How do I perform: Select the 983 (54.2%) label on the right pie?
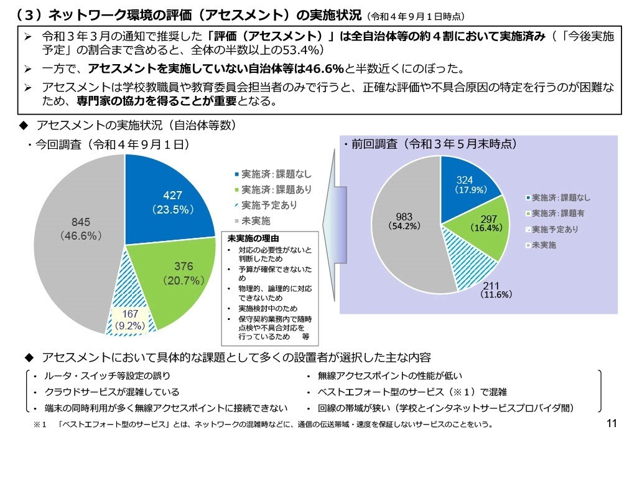pos(404,222)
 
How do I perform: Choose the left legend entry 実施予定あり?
pos(265,205)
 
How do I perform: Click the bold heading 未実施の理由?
pos(253,238)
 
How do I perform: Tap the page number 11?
pos(610,424)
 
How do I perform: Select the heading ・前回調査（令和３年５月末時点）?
pos(430,144)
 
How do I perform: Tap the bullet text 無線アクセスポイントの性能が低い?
pos(389,376)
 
